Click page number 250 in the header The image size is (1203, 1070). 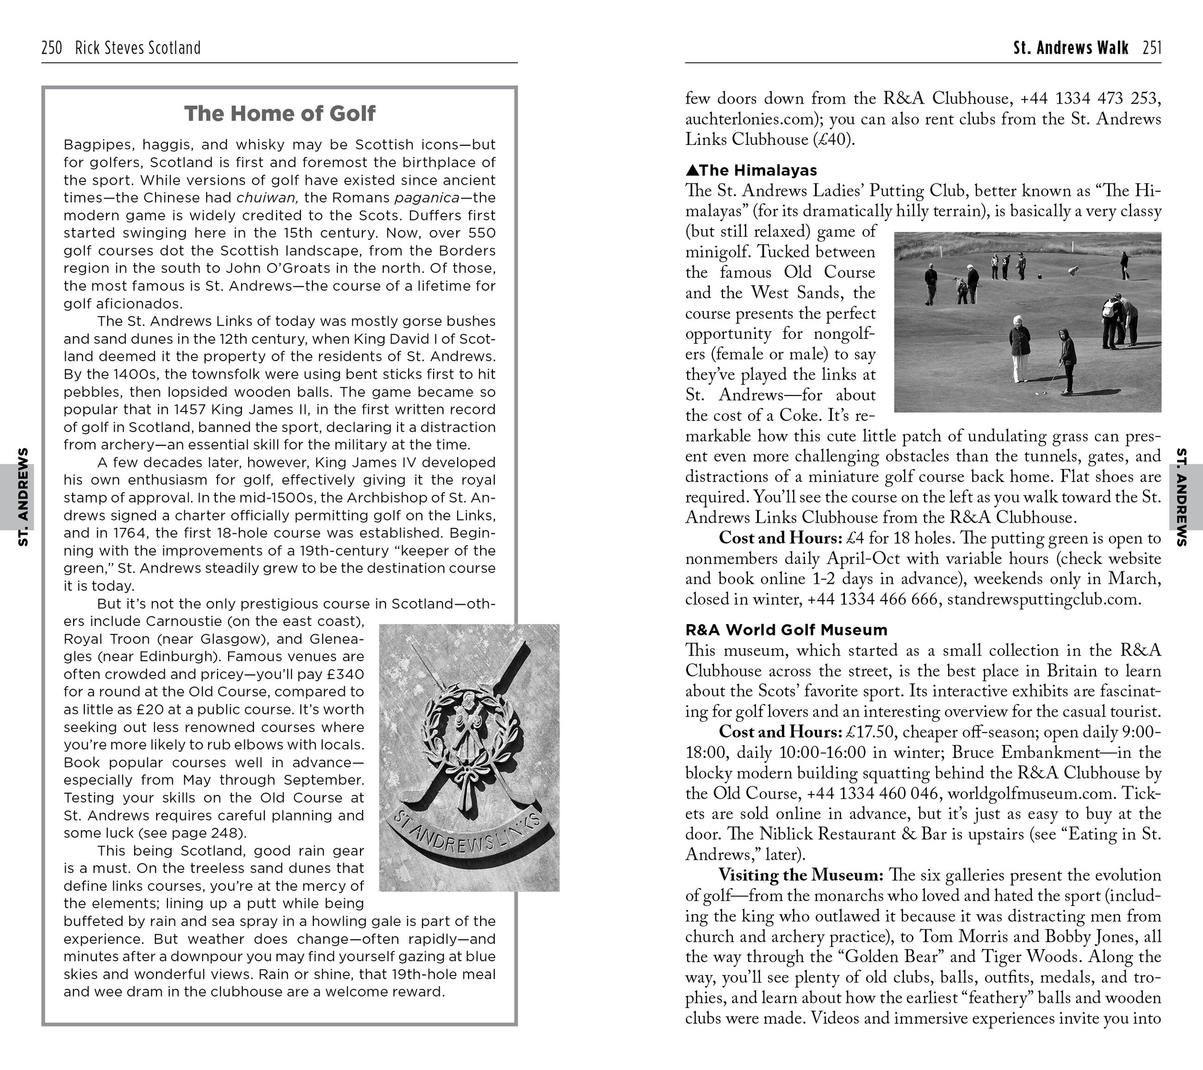tap(52, 48)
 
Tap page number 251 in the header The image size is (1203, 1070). tap(1152, 48)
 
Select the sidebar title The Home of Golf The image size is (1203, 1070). tap(279, 113)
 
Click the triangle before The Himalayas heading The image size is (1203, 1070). tap(692, 171)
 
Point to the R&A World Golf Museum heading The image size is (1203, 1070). tap(786, 630)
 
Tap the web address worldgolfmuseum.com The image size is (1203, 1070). tap(1032, 794)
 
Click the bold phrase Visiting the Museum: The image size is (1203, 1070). tap(801, 875)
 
